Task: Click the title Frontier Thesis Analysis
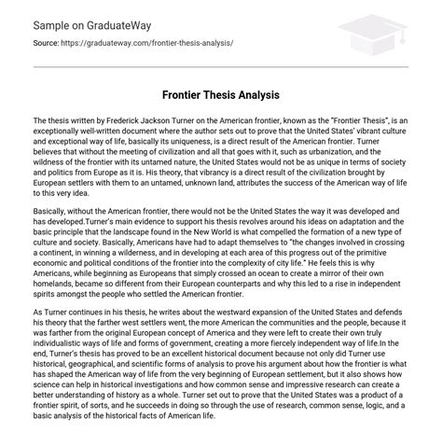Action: tap(221, 95)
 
